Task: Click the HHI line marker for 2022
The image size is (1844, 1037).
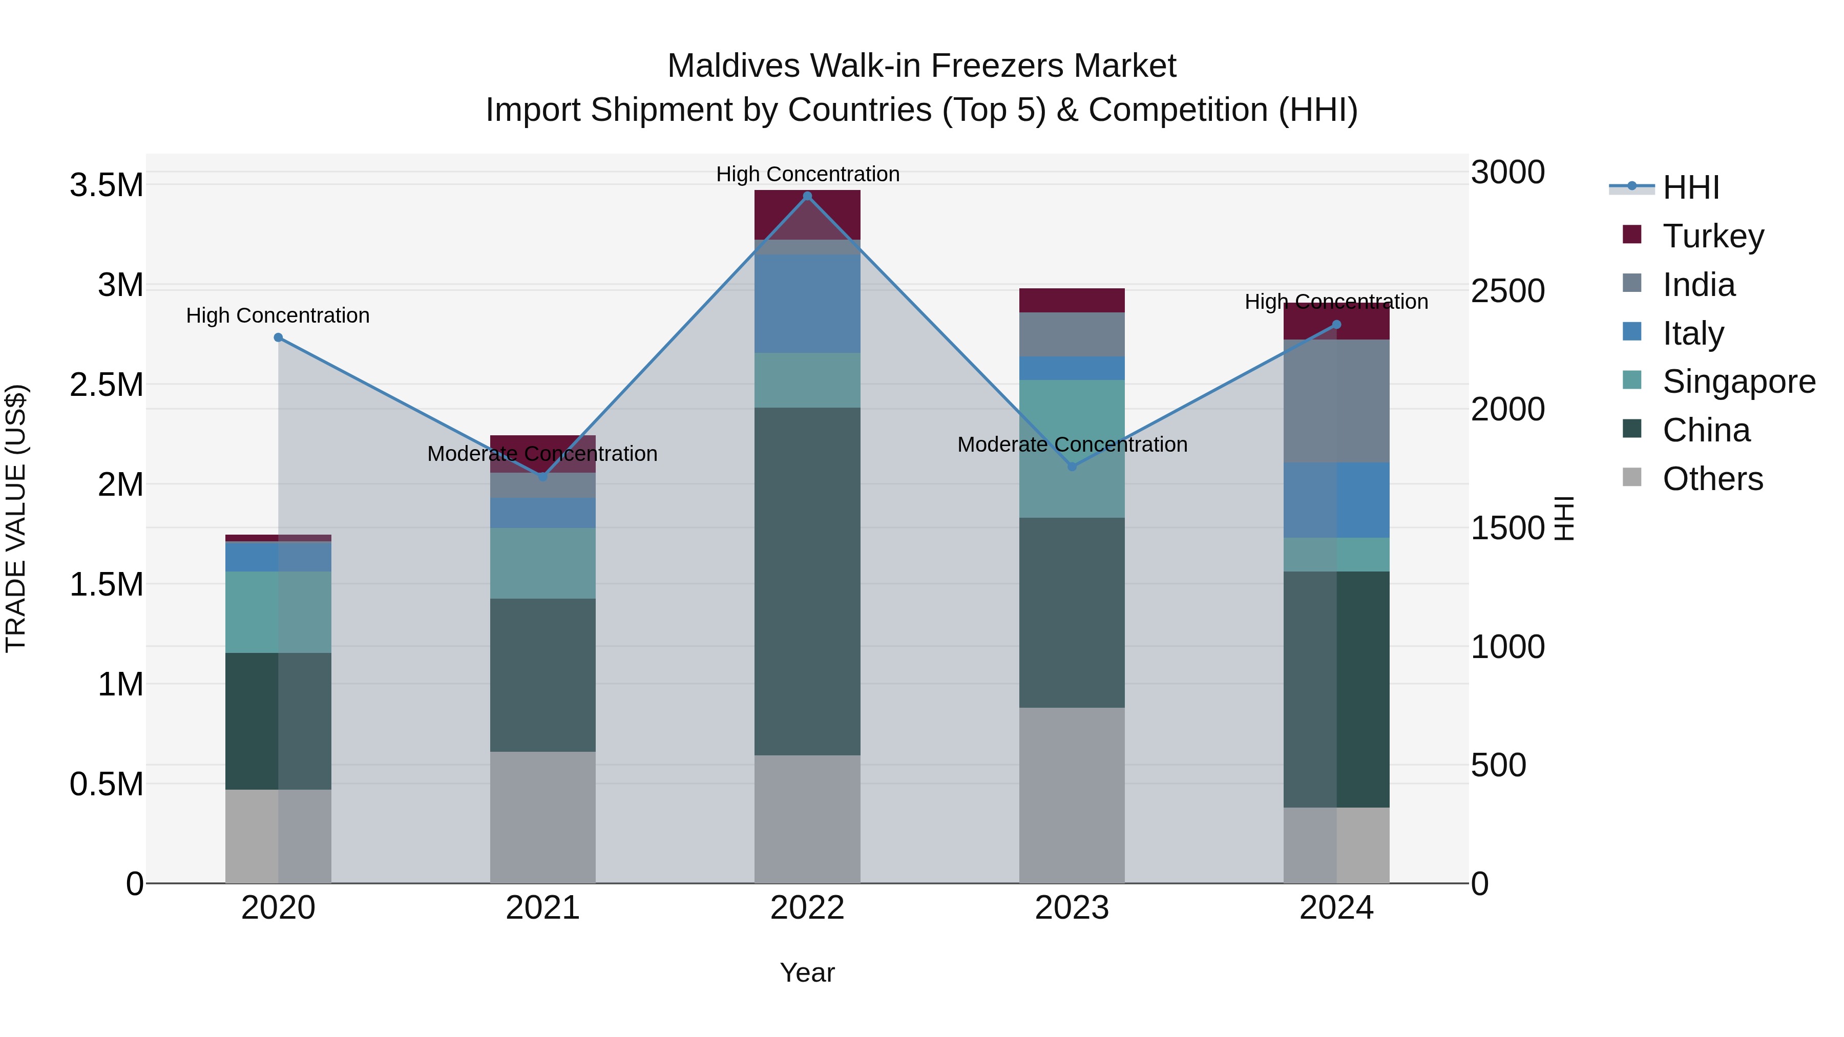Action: (807, 196)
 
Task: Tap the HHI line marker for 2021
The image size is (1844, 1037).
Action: (542, 477)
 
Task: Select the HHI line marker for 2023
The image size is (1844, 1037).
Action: (1072, 467)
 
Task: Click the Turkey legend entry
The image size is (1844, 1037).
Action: (1713, 236)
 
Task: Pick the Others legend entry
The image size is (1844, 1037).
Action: (1712, 479)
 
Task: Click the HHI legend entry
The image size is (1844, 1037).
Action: (1690, 187)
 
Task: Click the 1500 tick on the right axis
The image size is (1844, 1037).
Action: (1507, 528)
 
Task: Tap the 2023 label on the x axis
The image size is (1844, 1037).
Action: (1072, 908)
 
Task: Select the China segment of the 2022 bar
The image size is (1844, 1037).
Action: (807, 581)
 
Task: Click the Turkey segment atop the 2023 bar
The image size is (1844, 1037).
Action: (1072, 300)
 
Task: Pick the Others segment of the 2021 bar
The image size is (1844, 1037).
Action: (542, 817)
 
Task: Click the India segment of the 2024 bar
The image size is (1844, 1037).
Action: (1336, 401)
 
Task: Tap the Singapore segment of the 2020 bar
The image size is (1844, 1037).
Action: (279, 612)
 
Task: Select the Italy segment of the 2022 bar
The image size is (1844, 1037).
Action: (807, 304)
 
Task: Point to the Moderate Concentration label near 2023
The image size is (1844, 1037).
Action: (1072, 445)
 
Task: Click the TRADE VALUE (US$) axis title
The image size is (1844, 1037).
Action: (16, 518)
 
